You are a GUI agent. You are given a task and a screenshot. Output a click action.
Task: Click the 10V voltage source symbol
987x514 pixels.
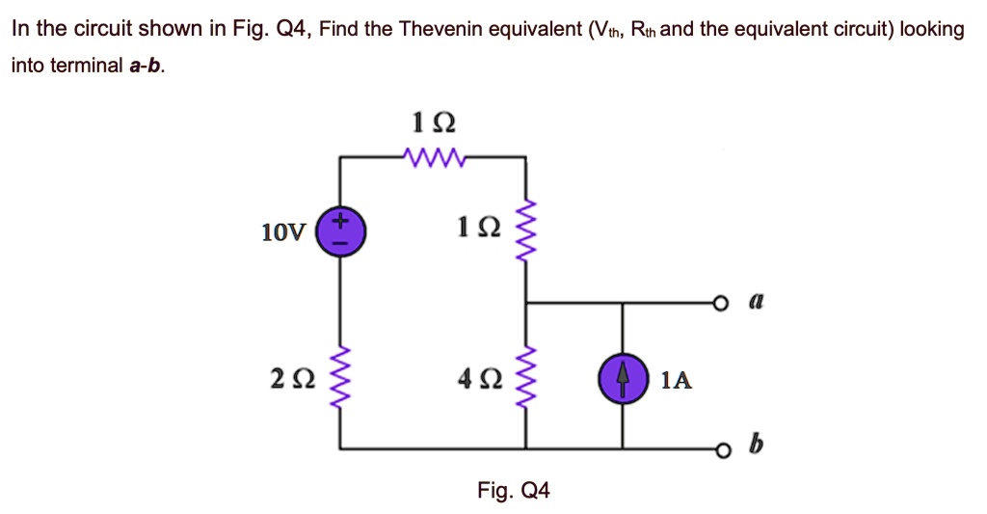click(339, 232)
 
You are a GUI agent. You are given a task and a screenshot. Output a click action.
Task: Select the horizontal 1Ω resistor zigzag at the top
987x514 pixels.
click(433, 156)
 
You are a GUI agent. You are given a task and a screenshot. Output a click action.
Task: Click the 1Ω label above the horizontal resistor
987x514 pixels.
click(433, 123)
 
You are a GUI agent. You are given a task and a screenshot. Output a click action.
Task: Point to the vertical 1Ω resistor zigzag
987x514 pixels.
click(525, 232)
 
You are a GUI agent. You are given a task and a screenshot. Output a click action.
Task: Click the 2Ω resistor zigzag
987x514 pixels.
click(339, 379)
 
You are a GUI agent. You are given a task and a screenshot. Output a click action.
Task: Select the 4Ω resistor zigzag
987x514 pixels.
click(525, 379)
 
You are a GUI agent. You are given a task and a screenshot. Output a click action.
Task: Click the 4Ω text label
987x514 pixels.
click(478, 380)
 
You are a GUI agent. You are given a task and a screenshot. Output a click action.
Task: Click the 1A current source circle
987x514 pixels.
click(622, 379)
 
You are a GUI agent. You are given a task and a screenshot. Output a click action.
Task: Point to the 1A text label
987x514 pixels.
click(677, 380)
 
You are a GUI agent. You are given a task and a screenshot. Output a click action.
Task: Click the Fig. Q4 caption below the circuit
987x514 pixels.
click(514, 491)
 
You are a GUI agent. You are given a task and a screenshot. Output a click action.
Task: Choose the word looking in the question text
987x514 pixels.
click(931, 29)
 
